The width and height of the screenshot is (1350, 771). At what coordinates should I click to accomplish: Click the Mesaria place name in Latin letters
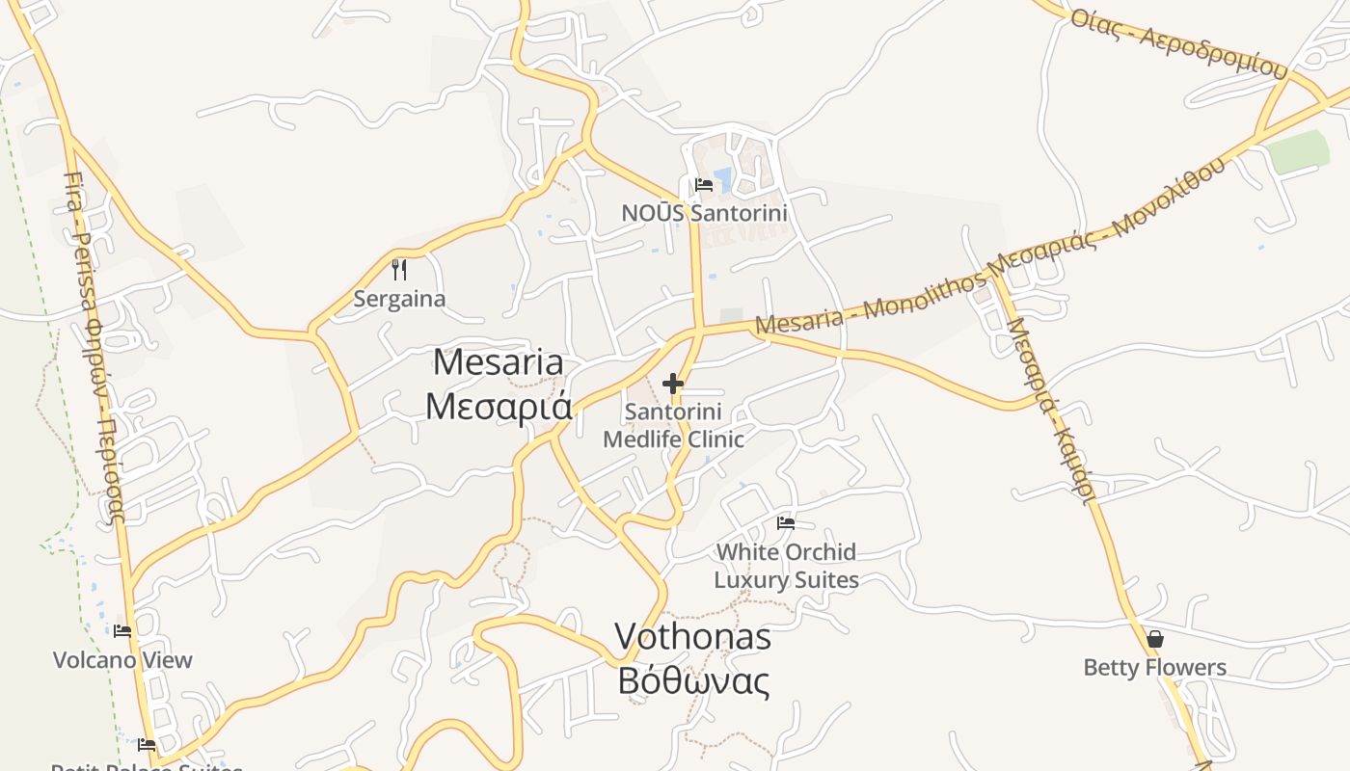pyautogui.click(x=498, y=362)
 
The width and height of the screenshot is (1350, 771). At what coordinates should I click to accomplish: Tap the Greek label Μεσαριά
pyautogui.click(x=499, y=406)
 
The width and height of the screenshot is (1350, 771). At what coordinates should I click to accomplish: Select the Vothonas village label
pyautogui.click(x=692, y=636)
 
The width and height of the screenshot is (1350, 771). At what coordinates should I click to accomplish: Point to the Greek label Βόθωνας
pyautogui.click(x=693, y=680)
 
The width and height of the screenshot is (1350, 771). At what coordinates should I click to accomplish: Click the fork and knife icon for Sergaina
pyautogui.click(x=399, y=269)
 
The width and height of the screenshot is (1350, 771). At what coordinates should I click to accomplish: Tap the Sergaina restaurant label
pyautogui.click(x=399, y=299)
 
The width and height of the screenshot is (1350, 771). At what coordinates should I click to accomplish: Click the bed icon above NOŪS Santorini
pyautogui.click(x=704, y=185)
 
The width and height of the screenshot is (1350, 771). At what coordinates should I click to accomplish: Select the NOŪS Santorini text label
pyautogui.click(x=704, y=213)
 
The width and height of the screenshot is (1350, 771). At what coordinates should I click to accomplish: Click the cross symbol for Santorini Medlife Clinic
pyautogui.click(x=673, y=385)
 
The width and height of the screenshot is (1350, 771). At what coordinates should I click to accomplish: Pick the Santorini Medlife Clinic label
pyautogui.click(x=673, y=426)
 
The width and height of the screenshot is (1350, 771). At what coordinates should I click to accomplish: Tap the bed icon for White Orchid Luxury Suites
pyautogui.click(x=786, y=523)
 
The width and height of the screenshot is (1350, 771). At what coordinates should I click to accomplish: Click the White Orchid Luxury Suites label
pyautogui.click(x=786, y=566)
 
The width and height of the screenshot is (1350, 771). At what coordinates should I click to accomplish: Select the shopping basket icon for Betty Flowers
pyautogui.click(x=1154, y=639)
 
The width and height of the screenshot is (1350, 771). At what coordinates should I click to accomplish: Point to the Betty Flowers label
pyautogui.click(x=1154, y=667)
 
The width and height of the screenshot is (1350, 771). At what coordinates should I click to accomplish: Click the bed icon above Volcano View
pyautogui.click(x=122, y=631)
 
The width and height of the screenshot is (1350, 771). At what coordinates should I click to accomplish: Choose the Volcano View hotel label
pyautogui.click(x=122, y=660)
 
